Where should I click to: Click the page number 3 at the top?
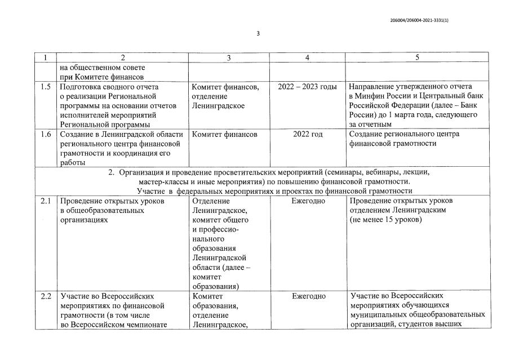pyautogui.click(x=258, y=34)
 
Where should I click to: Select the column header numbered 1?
pyautogui.click(x=46, y=57)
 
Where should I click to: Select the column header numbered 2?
pyautogui.click(x=122, y=57)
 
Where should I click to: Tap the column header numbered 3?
pyautogui.click(x=229, y=57)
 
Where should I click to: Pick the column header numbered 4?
pyautogui.click(x=307, y=57)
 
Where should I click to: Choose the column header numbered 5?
pyautogui.click(x=417, y=57)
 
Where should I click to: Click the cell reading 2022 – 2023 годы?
pyautogui.click(x=308, y=87)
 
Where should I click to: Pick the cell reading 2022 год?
pyautogui.click(x=308, y=134)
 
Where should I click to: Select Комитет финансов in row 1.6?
pyautogui.click(x=225, y=134)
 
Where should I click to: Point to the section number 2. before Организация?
pyautogui.click(x=112, y=172)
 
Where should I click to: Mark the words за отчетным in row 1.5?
pyautogui.click(x=370, y=124)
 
